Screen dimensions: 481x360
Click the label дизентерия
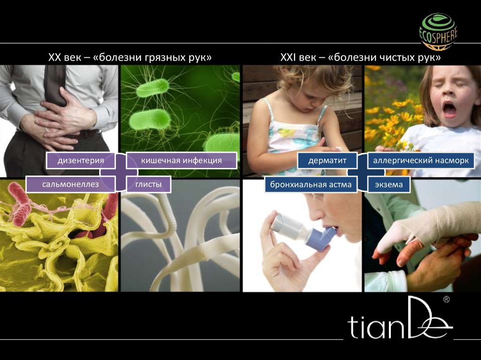tap(81, 161)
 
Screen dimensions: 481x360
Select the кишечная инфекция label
tap(181, 161)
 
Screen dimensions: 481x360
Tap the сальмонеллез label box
tap(70, 184)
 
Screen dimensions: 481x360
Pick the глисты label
tap(148, 184)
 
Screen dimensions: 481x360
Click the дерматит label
tap(327, 161)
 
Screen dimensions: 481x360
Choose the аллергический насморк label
tap(421, 161)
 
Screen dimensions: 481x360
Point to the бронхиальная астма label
tap(311, 184)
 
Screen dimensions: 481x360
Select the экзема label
tap(388, 184)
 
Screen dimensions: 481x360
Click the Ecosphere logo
tap(438, 31)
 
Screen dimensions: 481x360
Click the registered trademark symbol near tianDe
tap(447, 299)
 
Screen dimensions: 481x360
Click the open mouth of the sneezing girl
tap(449, 109)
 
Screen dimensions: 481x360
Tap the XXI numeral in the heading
tap(287, 57)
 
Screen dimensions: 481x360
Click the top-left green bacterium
tap(153, 88)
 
